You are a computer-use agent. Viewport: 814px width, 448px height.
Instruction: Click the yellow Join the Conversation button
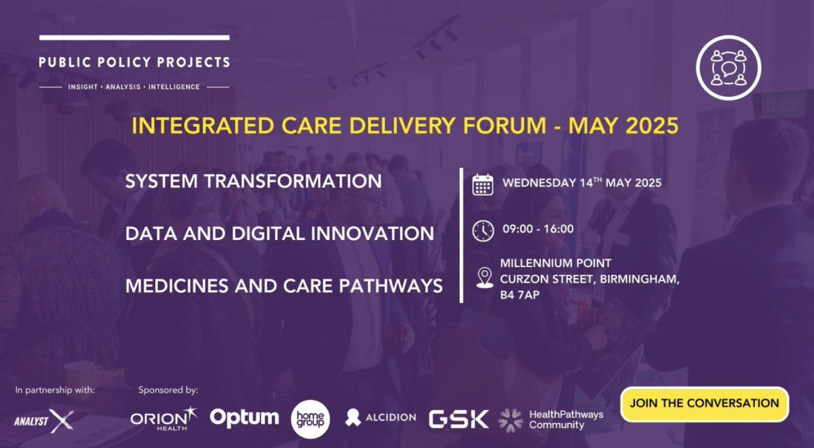point(704,403)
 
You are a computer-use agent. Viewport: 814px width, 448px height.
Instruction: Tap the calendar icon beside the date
point(482,185)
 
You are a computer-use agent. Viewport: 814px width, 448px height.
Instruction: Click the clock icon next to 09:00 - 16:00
point(482,230)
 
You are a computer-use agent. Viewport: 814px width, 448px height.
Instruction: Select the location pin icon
point(484,278)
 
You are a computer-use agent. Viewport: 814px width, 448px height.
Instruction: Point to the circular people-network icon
point(729,67)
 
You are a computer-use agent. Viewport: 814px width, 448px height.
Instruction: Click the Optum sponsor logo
point(244,418)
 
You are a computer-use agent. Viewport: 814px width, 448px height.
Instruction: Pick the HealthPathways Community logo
point(550,419)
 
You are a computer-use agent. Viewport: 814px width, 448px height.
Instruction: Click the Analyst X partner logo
point(45,420)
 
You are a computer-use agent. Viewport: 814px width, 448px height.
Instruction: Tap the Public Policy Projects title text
point(134,62)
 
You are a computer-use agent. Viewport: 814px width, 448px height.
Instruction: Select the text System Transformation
point(253,182)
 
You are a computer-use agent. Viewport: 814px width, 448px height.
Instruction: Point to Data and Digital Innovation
point(279,234)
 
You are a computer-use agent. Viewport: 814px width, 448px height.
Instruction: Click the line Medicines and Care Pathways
point(284,286)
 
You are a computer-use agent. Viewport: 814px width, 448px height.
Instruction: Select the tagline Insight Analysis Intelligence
point(134,87)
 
